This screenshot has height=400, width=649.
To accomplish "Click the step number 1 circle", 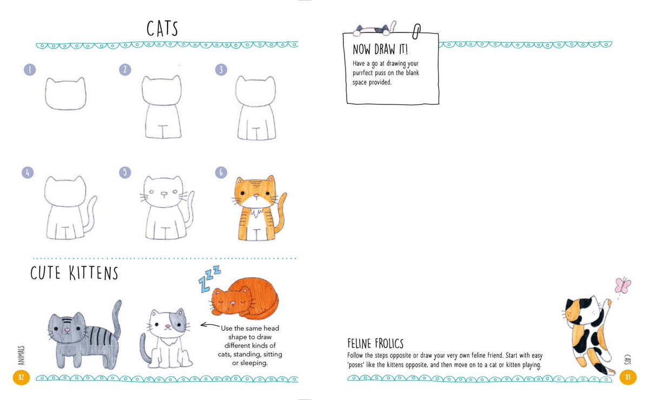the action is (30, 70).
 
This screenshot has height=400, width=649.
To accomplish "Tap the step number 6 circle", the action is (221, 173).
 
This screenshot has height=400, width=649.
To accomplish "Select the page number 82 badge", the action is (21, 377).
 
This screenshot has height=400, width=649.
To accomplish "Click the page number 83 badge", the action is (628, 377).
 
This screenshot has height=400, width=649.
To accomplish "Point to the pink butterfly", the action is (622, 285).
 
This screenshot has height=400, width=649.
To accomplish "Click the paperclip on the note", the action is (416, 31).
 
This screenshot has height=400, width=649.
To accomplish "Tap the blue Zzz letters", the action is (209, 278).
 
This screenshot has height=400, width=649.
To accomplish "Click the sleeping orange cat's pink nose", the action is (233, 303).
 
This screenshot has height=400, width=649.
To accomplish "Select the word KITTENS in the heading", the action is (94, 273).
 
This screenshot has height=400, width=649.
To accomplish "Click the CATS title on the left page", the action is (162, 29).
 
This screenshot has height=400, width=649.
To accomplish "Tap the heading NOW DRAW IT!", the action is (380, 49).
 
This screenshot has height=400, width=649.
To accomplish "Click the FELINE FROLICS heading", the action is (375, 344).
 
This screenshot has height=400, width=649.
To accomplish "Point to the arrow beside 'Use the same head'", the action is (210, 325).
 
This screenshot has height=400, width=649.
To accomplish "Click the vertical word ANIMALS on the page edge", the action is (21, 355).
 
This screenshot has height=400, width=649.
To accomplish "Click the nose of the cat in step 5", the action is (164, 193).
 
